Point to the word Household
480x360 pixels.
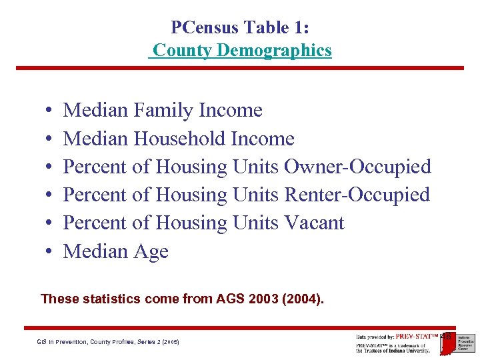pos(179,139)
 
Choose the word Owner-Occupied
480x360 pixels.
pos(358,167)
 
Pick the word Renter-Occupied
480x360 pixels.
pos(357,195)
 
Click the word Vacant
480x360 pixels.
pos(314,223)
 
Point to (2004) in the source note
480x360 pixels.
pos(303,299)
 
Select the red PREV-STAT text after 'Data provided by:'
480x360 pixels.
pos(417,337)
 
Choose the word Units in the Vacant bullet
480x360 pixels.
pos(256,223)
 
